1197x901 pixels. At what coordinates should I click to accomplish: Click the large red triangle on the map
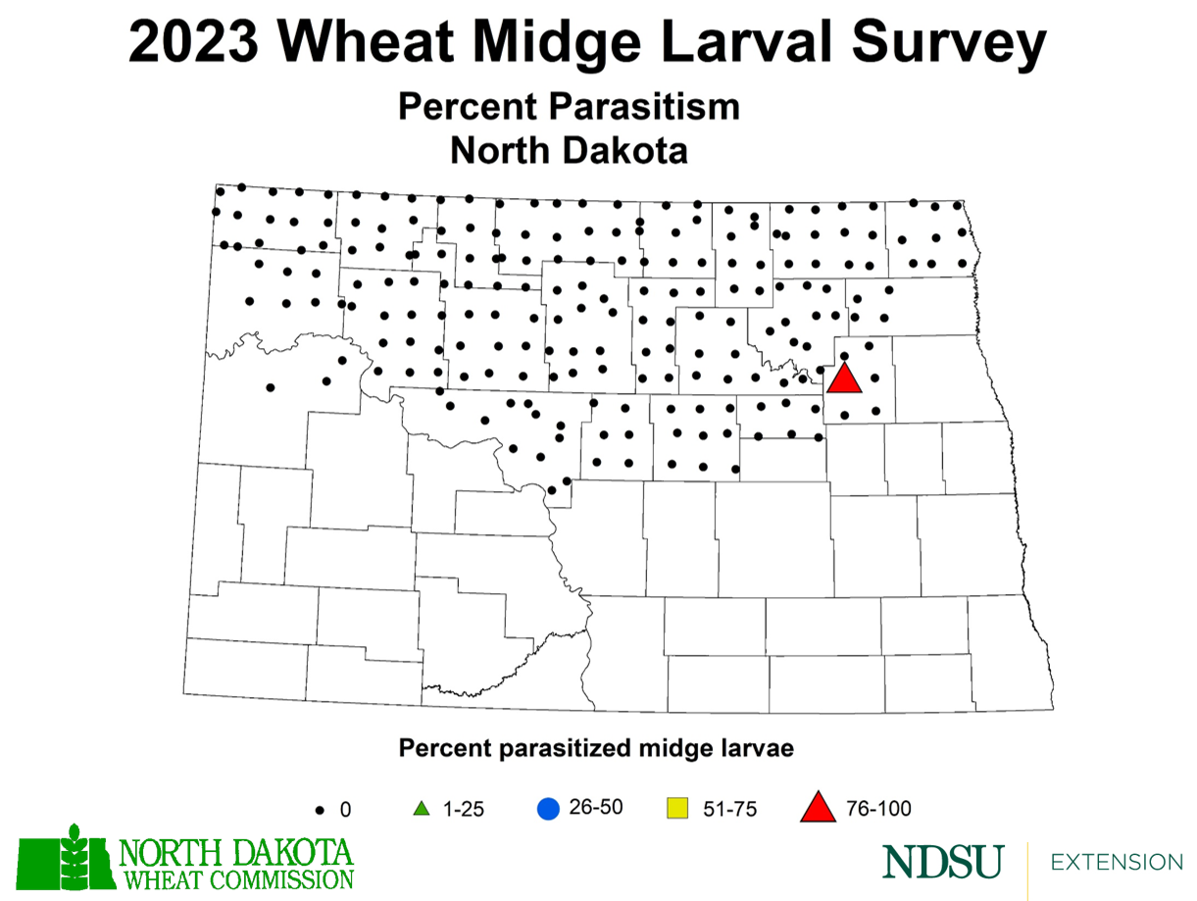click(844, 379)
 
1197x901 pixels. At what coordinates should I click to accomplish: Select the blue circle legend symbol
click(548, 809)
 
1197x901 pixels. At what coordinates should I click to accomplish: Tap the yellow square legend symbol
click(675, 809)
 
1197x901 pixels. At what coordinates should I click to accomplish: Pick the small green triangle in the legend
click(421, 809)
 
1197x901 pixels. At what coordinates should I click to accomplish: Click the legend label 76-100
click(878, 809)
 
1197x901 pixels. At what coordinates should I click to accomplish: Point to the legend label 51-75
click(730, 809)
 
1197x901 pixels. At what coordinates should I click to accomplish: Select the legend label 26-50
click(596, 808)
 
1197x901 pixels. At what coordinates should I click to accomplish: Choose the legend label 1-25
click(463, 809)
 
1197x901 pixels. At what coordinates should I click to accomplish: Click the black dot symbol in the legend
click(321, 810)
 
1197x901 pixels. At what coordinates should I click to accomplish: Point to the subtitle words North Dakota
click(569, 151)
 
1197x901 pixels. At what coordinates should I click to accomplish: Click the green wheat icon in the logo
click(74, 860)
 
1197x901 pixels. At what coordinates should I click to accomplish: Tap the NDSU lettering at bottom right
click(942, 863)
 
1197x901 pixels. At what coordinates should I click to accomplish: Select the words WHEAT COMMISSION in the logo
click(235, 877)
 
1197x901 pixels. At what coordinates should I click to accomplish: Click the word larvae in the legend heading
click(754, 749)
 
